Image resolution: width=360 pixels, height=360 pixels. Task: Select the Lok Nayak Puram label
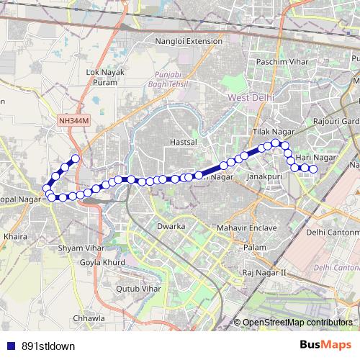click(x=105, y=77)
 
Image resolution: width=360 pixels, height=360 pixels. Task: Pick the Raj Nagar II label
click(x=264, y=272)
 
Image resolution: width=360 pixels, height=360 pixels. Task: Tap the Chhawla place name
click(x=89, y=318)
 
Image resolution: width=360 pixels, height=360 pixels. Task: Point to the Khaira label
click(x=16, y=235)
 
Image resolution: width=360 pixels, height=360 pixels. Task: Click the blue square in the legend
click(x=9, y=346)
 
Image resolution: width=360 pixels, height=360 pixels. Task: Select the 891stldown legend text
click(x=48, y=346)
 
